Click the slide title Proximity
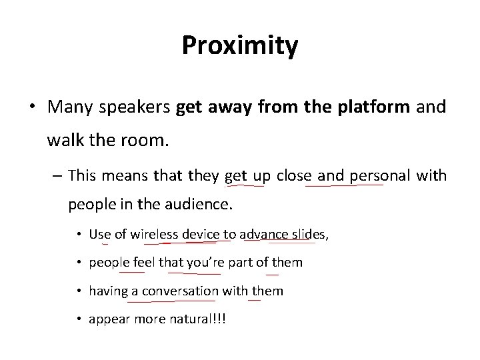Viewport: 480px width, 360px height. click(240, 45)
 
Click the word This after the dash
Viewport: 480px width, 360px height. click(82, 175)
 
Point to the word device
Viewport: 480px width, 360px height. click(201, 234)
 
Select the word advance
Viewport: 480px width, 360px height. click(264, 234)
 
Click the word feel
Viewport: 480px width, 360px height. click(144, 263)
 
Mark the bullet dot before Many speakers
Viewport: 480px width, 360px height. click(34, 107)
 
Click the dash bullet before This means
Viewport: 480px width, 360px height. click(57, 176)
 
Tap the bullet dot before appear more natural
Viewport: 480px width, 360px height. click(79, 319)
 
